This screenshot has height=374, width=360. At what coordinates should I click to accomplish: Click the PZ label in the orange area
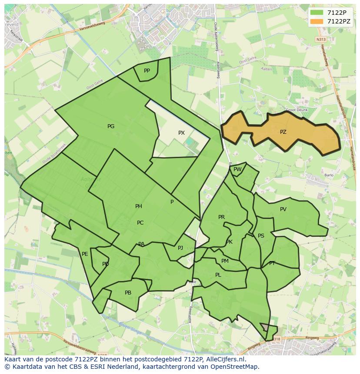point(283,132)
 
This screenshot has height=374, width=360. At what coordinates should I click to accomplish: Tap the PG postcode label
point(111,126)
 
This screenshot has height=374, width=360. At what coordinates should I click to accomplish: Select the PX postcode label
point(181,133)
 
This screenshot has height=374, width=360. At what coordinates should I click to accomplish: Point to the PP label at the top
point(147,71)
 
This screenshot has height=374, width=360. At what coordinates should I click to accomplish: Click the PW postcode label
point(237,169)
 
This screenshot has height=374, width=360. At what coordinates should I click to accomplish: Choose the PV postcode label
point(283,209)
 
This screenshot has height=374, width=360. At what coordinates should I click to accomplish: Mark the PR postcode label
point(221,217)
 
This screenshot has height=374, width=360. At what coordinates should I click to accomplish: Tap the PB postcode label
point(128,293)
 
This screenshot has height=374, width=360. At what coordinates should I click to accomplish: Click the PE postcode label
point(85,254)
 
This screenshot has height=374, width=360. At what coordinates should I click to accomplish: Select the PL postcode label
point(218,275)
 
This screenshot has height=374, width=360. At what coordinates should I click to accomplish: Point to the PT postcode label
point(272,263)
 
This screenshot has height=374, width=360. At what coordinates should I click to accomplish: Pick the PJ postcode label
point(180,248)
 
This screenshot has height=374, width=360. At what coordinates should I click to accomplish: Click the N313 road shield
point(321,39)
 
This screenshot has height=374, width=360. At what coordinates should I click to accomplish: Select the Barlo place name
point(329,175)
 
